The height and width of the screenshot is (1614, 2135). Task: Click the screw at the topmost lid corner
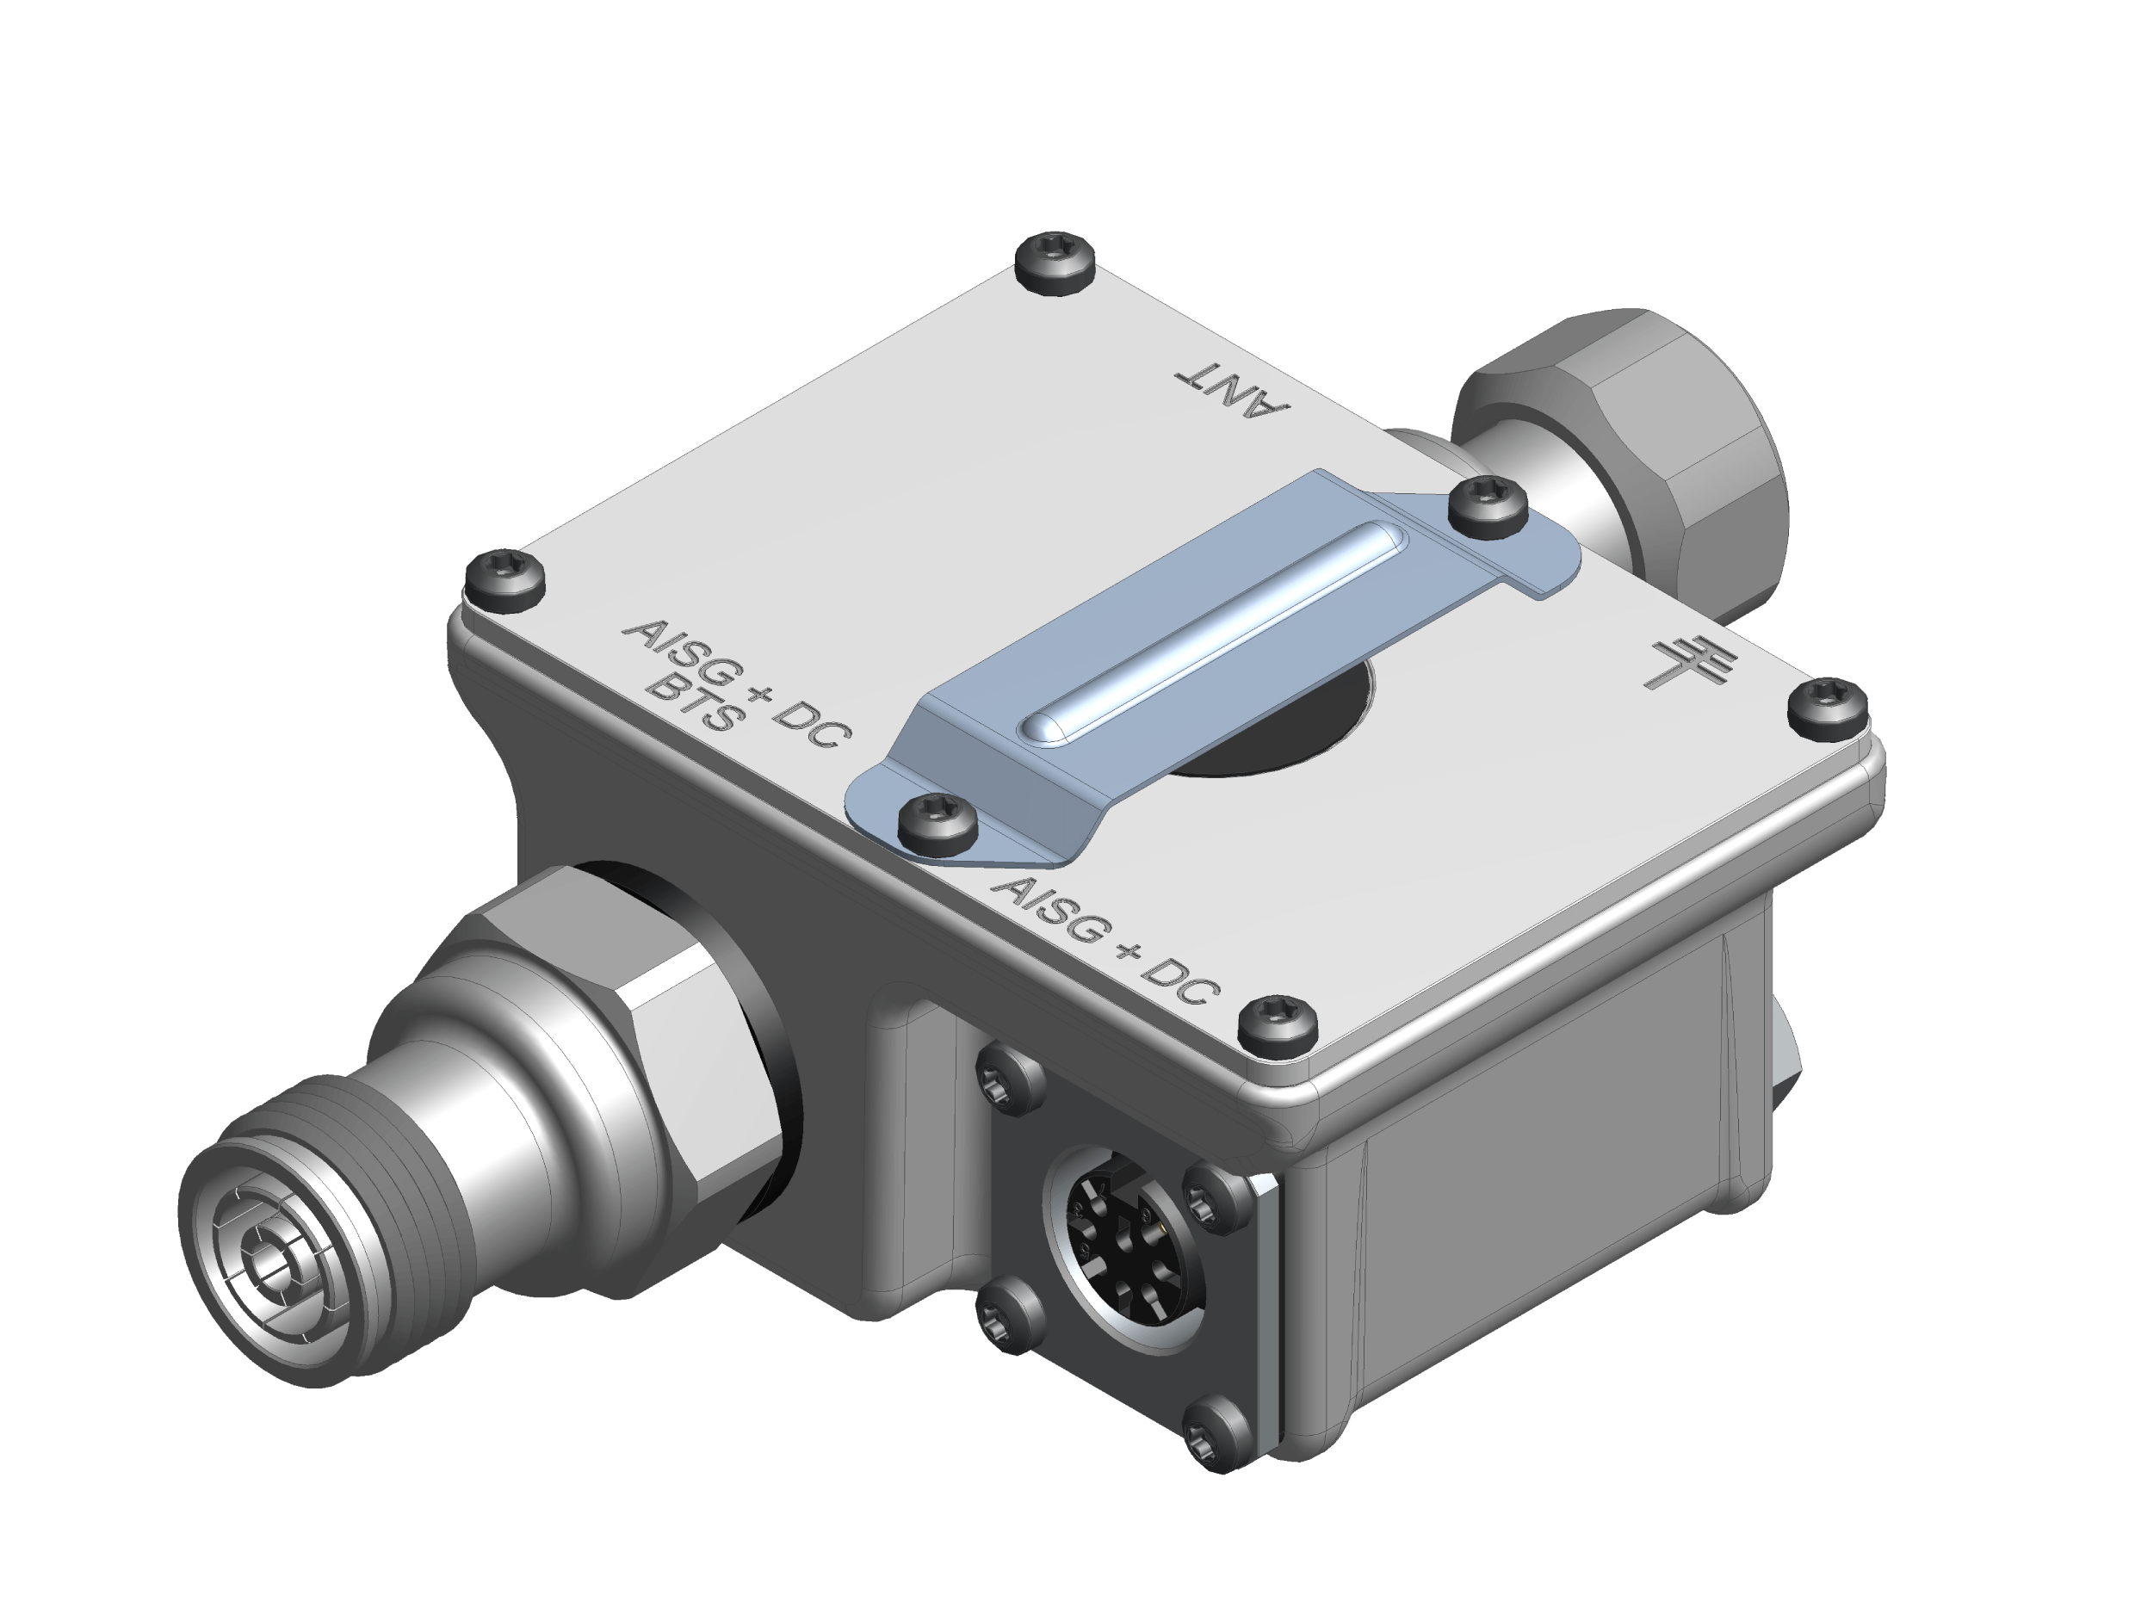tap(1056, 261)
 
